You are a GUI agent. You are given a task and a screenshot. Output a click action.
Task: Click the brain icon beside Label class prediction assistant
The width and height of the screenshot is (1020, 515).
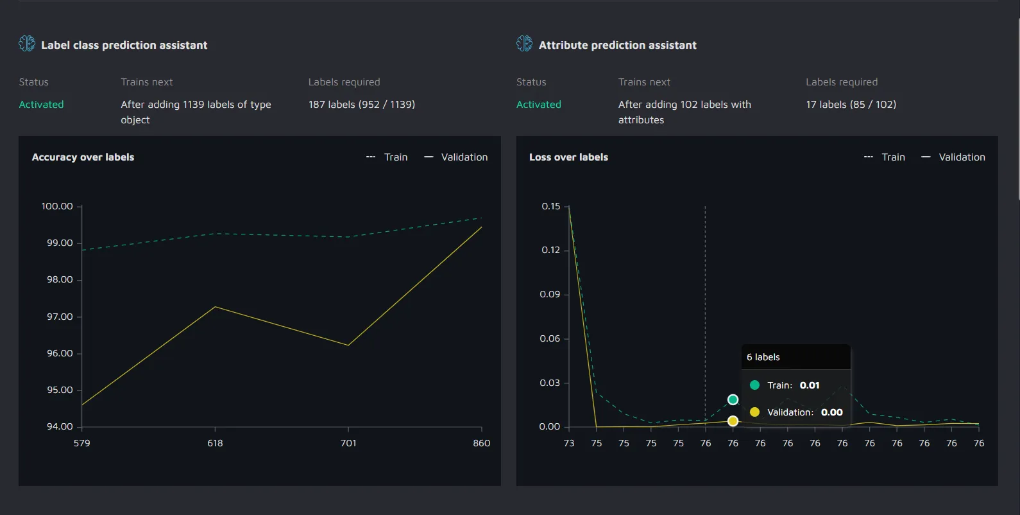(27, 44)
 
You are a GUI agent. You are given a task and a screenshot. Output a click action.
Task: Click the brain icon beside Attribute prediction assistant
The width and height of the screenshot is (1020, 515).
(524, 44)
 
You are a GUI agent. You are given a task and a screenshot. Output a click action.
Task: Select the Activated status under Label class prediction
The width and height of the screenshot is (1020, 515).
(41, 105)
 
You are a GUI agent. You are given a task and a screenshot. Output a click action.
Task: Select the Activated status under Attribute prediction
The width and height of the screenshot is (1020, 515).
(538, 105)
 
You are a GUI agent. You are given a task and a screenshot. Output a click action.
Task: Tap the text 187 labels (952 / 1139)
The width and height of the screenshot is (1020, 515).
(361, 105)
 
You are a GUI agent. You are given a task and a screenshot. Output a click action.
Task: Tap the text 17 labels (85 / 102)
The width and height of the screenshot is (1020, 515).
(851, 105)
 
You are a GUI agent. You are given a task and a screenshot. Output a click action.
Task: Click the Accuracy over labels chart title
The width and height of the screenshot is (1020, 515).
(83, 157)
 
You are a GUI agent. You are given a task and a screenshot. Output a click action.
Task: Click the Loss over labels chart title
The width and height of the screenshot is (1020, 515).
(568, 157)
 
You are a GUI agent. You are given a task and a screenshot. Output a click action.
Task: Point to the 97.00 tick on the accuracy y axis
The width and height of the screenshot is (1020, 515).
(60, 317)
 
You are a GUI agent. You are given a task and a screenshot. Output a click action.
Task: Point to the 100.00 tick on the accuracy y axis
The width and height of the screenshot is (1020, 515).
(57, 206)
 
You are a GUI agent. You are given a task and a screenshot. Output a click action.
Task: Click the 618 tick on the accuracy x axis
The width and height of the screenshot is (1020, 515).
(215, 443)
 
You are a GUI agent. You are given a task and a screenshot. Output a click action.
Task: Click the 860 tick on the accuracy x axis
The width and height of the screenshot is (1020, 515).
(481, 443)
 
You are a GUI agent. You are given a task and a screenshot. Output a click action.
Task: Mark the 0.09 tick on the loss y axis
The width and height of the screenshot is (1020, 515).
(550, 294)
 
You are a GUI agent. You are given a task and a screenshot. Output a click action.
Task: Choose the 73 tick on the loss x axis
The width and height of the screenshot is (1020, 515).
(569, 443)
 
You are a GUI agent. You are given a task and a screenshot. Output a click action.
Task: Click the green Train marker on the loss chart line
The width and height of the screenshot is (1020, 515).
(733, 400)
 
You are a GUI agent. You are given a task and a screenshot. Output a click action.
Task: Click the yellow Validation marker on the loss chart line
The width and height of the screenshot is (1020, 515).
(733, 421)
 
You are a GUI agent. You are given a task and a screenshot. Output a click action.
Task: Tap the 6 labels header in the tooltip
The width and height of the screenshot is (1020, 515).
(763, 357)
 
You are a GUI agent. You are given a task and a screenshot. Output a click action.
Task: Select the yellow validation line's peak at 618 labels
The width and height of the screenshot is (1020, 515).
(215, 307)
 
